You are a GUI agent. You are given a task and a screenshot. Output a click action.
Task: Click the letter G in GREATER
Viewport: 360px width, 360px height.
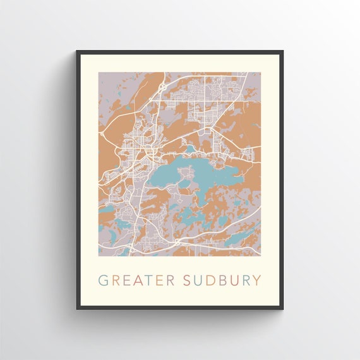point(103,280)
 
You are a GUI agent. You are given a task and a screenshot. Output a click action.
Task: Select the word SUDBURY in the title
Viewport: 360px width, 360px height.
point(222,280)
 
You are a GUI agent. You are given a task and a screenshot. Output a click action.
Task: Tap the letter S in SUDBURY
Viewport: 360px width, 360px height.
point(188,280)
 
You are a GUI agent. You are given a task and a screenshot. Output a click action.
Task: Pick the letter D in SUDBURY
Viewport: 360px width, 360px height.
point(211,280)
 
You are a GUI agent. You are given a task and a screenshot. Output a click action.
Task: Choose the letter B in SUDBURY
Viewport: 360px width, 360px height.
point(222,280)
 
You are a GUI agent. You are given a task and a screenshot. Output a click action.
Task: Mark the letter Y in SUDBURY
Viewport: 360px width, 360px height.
point(256,280)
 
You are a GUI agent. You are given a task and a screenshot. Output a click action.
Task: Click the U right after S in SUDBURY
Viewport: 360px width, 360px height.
point(199,280)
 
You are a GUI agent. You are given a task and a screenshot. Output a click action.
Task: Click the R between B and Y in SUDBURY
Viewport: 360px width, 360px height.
point(245,280)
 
